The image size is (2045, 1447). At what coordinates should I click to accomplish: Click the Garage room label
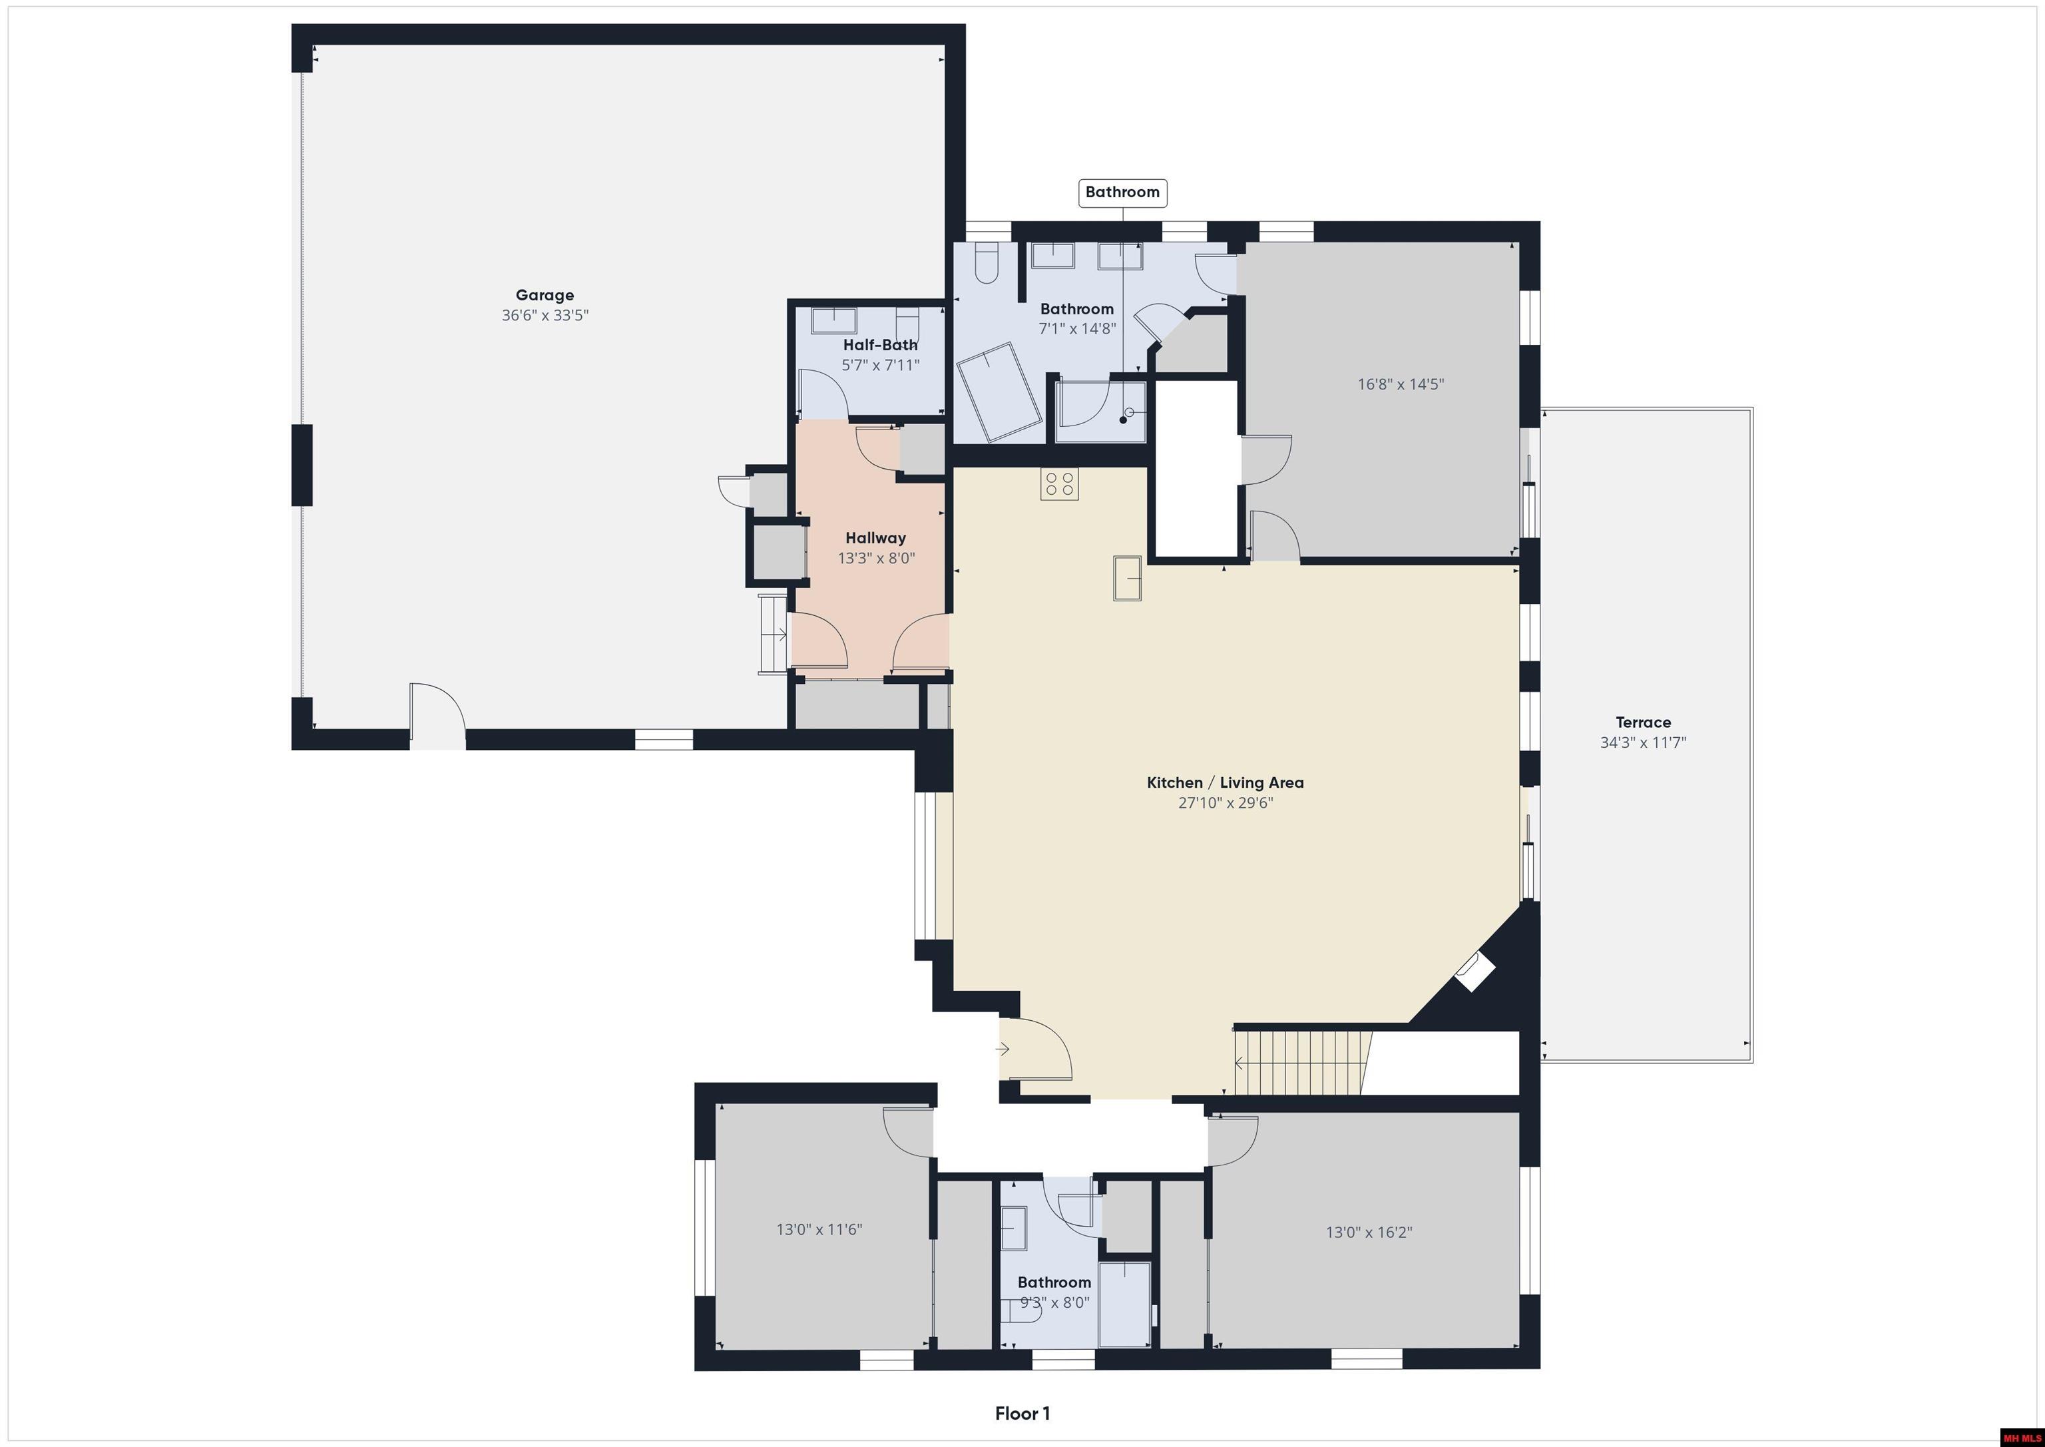(x=545, y=295)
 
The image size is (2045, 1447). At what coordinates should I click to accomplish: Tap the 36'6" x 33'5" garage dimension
(x=545, y=316)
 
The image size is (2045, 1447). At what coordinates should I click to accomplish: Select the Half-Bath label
(x=880, y=345)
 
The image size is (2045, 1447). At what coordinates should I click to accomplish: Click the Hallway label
(x=875, y=538)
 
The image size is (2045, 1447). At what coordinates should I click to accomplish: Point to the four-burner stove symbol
(x=1059, y=484)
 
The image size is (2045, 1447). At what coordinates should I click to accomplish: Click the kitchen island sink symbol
(x=1128, y=577)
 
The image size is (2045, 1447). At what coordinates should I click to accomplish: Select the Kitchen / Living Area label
(x=1225, y=782)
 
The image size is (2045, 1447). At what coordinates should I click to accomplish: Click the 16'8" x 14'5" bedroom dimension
(x=1400, y=385)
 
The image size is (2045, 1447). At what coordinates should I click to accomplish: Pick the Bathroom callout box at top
(x=1122, y=192)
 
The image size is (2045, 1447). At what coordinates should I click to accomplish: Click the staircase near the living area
(x=1300, y=1062)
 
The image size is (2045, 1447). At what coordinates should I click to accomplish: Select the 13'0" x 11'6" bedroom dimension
(x=819, y=1230)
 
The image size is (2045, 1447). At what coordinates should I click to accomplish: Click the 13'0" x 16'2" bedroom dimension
(x=1368, y=1233)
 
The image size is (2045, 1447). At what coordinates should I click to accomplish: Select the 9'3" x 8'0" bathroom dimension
(x=1054, y=1302)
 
